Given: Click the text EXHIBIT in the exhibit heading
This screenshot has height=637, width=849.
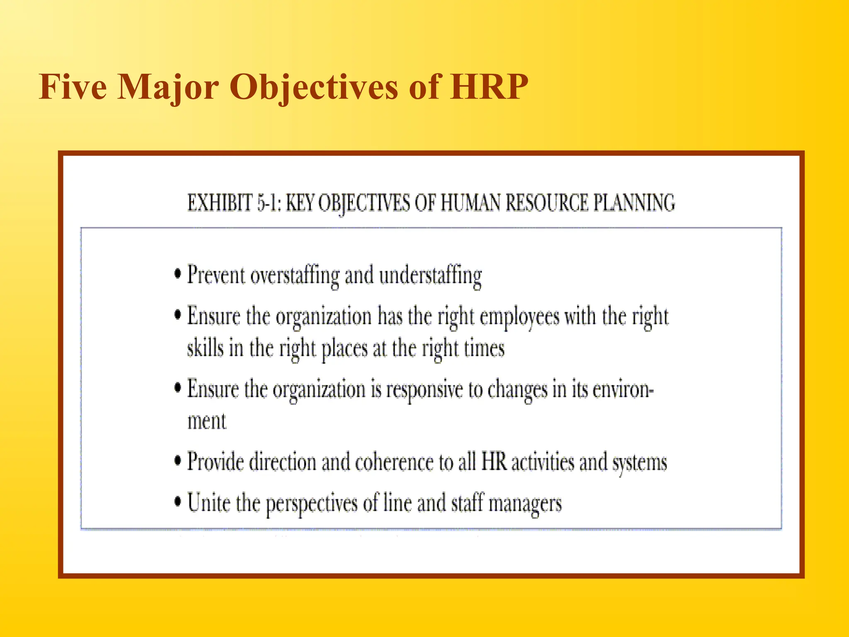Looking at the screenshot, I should coord(220,204).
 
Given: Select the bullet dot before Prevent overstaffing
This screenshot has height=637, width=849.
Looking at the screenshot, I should coord(178,274).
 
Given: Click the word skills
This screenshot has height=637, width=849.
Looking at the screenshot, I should coord(205,348).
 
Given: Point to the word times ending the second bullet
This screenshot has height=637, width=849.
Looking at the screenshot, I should coord(484,348).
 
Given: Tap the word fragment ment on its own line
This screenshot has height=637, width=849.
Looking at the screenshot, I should coord(207,421).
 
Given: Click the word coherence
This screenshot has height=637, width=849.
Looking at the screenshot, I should coord(394,462).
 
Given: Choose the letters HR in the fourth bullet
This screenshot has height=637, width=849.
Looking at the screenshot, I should coord(494,461).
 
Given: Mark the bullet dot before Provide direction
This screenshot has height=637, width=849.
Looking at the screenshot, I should coord(178,461).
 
